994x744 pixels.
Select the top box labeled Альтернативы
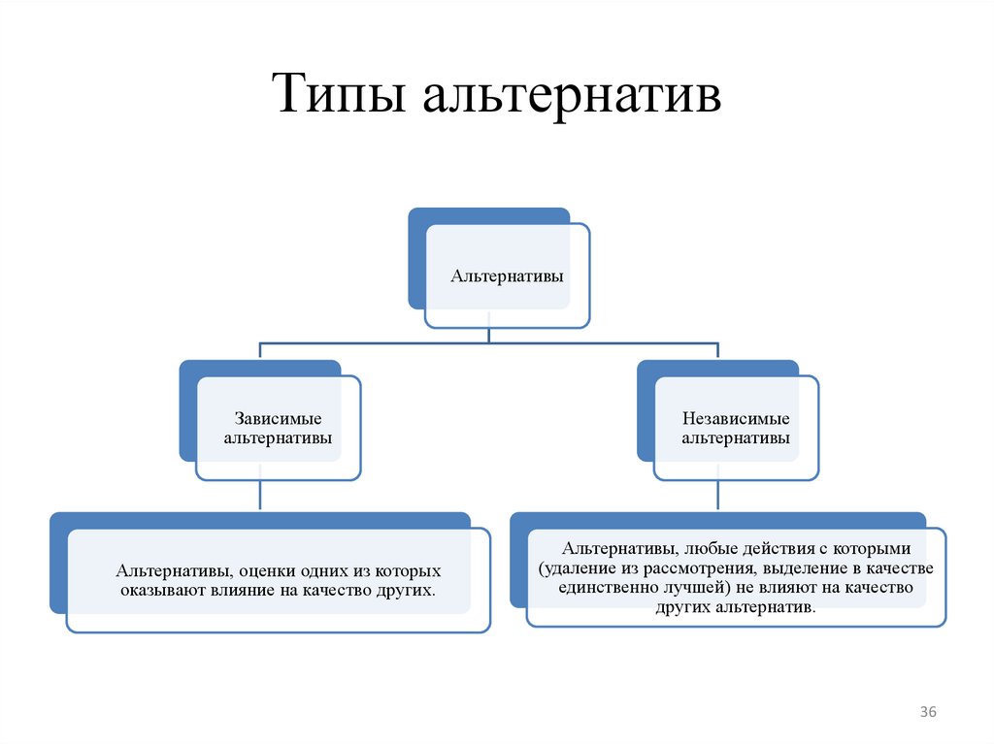(507, 276)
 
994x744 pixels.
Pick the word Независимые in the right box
(736, 418)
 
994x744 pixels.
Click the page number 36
(928, 713)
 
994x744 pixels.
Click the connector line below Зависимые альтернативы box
(259, 496)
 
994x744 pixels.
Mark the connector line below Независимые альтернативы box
(717, 496)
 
